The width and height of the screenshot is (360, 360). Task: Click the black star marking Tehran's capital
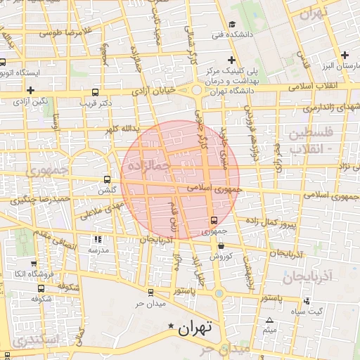[x=172, y=327]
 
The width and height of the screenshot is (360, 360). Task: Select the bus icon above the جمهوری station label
[x=214, y=220]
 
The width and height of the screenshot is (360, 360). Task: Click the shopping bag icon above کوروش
[x=221, y=247]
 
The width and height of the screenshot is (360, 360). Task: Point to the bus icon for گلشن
[x=106, y=179]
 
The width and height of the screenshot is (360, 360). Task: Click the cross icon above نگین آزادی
[x=31, y=90]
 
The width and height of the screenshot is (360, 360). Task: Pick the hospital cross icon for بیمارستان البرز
[x=345, y=55]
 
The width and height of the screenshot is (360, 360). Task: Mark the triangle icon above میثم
[x=269, y=320]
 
